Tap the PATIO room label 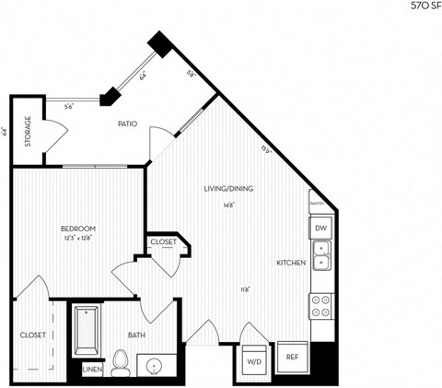pos(128,123)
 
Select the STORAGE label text pos(27,132)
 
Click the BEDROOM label pos(78,228)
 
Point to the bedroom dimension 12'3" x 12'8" pos(78,237)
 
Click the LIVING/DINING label pos(228,188)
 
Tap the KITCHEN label pos(291,264)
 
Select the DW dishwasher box pos(320,228)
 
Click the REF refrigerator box pos(292,357)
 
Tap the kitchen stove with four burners pos(321,305)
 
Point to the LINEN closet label pos(92,370)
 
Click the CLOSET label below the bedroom pos(31,335)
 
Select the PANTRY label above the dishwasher pos(316,204)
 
